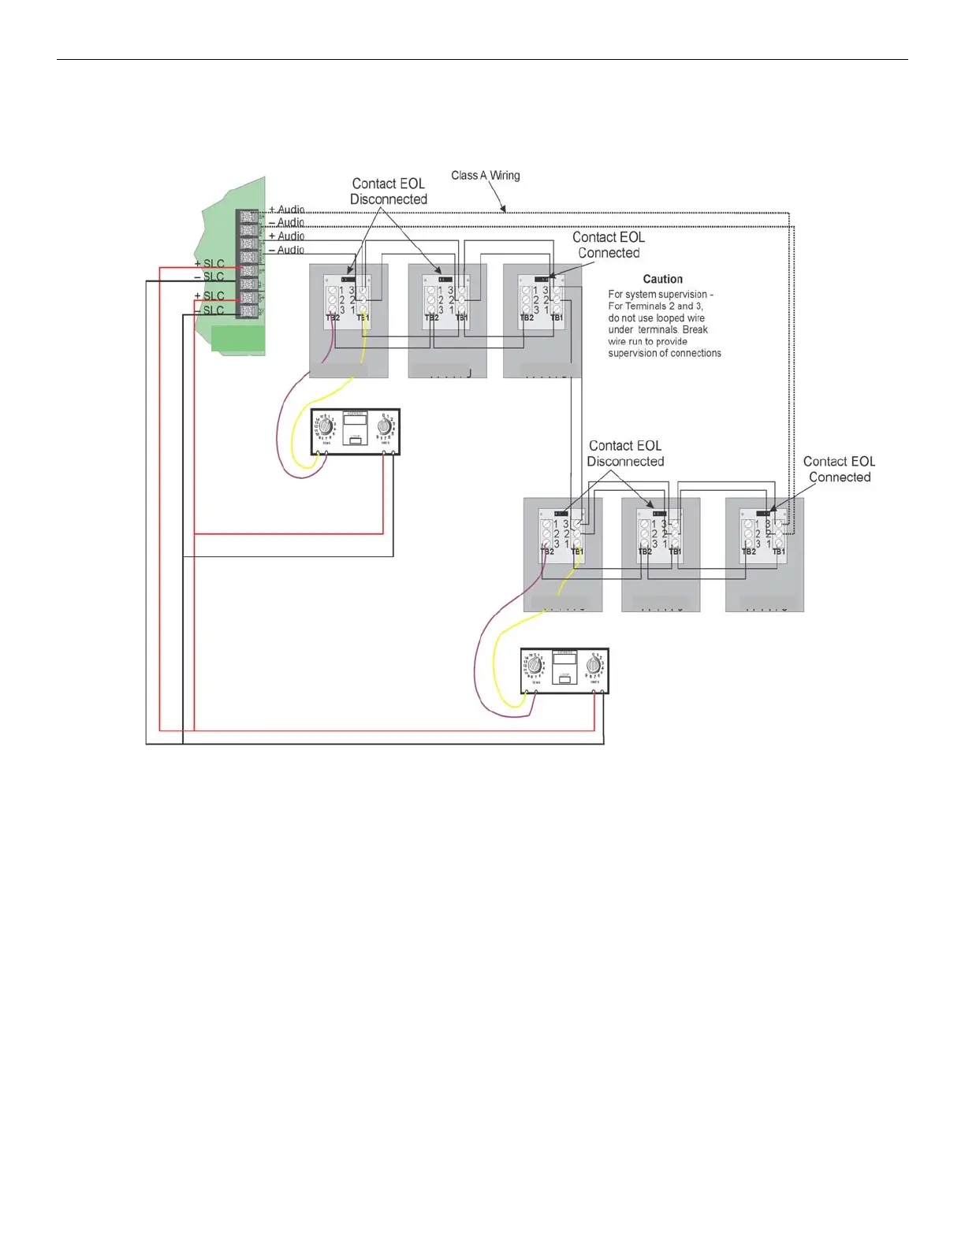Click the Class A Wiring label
click(485, 176)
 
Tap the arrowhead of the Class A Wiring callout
click(504, 210)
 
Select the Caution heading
click(662, 279)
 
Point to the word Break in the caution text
click(695, 330)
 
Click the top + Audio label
click(286, 210)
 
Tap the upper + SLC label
click(209, 264)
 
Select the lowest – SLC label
click(209, 310)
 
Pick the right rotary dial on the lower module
click(594, 667)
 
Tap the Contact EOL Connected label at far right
click(839, 469)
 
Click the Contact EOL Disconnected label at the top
click(388, 191)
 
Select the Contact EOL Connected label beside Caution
click(609, 245)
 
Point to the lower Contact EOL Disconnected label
click(625, 454)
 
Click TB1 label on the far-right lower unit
click(779, 552)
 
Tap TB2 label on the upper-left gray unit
click(333, 318)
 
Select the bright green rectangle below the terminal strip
click(237, 339)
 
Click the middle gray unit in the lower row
click(660, 555)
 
